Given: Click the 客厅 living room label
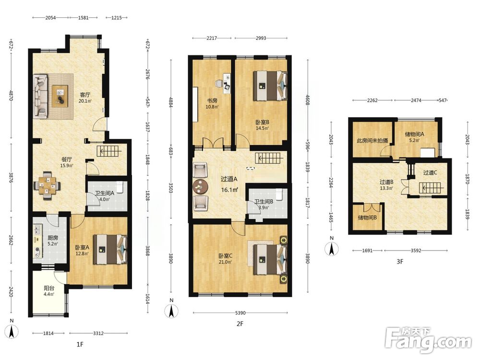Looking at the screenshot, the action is pyautogui.click(x=85, y=95).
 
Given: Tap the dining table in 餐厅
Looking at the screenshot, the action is pyautogui.click(x=48, y=185).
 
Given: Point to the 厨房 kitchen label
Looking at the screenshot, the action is pyautogui.click(x=53, y=238).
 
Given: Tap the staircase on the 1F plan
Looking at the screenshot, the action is pyautogui.click(x=109, y=151).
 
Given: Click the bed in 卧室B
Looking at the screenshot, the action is pyautogui.click(x=270, y=86).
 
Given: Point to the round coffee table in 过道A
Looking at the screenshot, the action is pyautogui.click(x=201, y=186).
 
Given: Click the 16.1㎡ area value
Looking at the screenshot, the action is pyautogui.click(x=229, y=190).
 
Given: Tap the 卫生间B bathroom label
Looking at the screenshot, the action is pyautogui.click(x=264, y=202).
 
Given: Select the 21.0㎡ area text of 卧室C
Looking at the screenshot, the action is pyautogui.click(x=225, y=262).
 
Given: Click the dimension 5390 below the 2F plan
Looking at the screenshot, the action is pyautogui.click(x=240, y=313).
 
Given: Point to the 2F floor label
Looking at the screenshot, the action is pyautogui.click(x=240, y=323).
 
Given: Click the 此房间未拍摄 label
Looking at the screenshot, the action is pyautogui.click(x=372, y=141).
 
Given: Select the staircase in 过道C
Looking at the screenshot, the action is pyautogui.click(x=430, y=187).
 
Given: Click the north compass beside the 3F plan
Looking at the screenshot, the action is pyautogui.click(x=332, y=248).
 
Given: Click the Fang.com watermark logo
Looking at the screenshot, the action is pyautogui.click(x=429, y=340).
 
